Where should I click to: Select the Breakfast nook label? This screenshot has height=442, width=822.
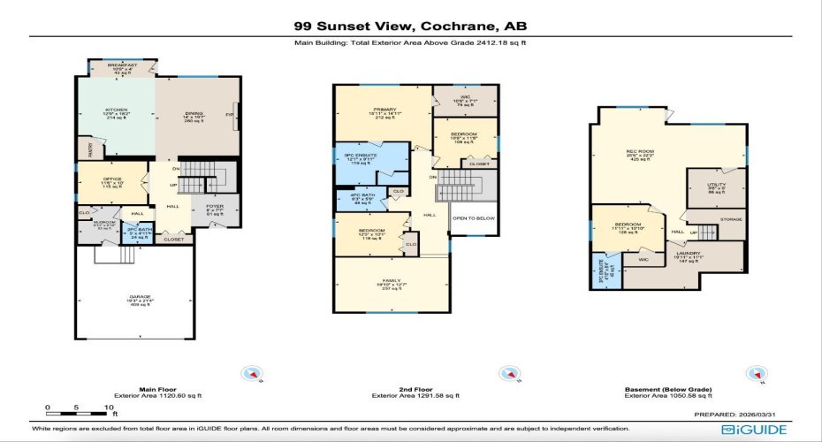pos(123,67)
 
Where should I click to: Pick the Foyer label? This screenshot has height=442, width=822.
pos(215,208)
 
